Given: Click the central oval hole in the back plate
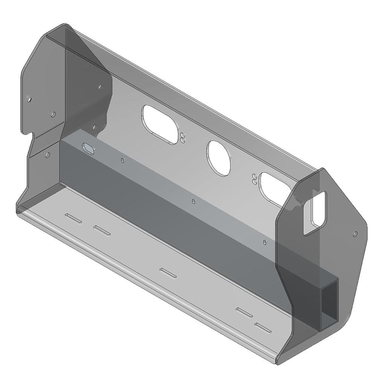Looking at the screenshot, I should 218,158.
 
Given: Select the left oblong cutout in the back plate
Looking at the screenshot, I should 159,124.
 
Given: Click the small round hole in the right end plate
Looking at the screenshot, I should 355,234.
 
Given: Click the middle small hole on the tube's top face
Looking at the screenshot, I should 193,201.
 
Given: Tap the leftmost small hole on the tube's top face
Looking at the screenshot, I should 122,161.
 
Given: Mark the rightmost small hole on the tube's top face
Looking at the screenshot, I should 265,242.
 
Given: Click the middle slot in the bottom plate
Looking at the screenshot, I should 168,273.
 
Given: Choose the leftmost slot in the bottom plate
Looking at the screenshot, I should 73,218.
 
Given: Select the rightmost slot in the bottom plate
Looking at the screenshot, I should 263,328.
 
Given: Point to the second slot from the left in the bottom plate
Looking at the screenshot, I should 102,230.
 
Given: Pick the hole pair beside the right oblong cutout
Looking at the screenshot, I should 255,179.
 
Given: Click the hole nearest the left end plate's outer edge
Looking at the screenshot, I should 30,100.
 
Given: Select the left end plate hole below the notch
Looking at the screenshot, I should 47,155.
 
